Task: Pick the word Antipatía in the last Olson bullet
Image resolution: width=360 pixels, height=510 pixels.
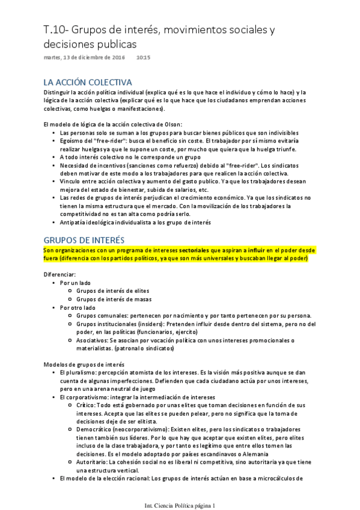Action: pos(75,222)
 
